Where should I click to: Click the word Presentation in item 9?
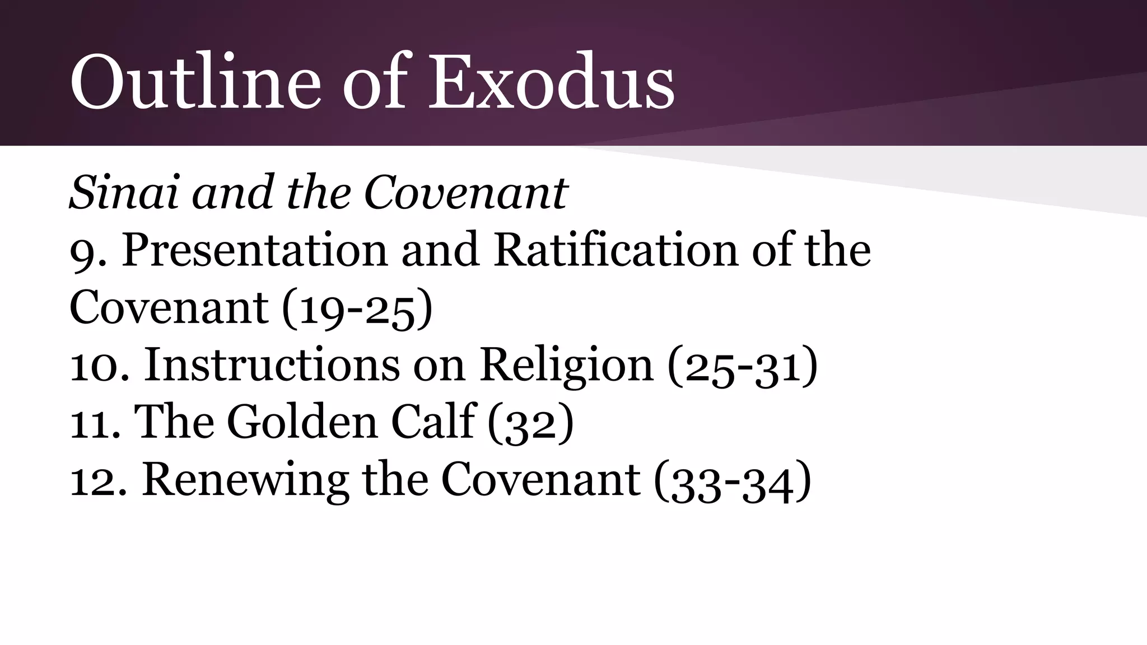[255, 250]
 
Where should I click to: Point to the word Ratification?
[616, 250]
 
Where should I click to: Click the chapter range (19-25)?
[357, 309]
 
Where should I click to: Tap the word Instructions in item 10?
[272, 366]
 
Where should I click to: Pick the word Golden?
[302, 422]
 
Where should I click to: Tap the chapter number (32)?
[530, 423]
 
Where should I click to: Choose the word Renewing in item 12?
[246, 480]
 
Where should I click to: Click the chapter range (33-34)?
[733, 482]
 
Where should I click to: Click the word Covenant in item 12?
[540, 480]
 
